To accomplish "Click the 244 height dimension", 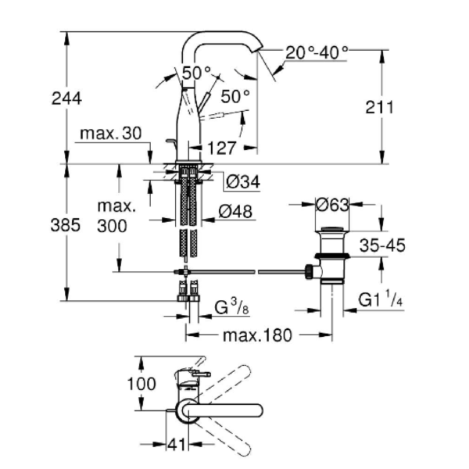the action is [x=66, y=98].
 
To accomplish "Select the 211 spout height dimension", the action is [x=379, y=107].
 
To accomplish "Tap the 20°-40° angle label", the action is [x=317, y=53].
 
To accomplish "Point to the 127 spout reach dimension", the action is [x=221, y=148].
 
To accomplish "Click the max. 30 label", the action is [x=111, y=134].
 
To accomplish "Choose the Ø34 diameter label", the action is [x=243, y=181].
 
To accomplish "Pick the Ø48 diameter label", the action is [x=235, y=212].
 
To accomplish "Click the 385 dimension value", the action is [x=65, y=225].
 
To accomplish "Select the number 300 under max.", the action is [x=112, y=226].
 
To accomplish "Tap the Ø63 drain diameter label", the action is [x=332, y=205].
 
